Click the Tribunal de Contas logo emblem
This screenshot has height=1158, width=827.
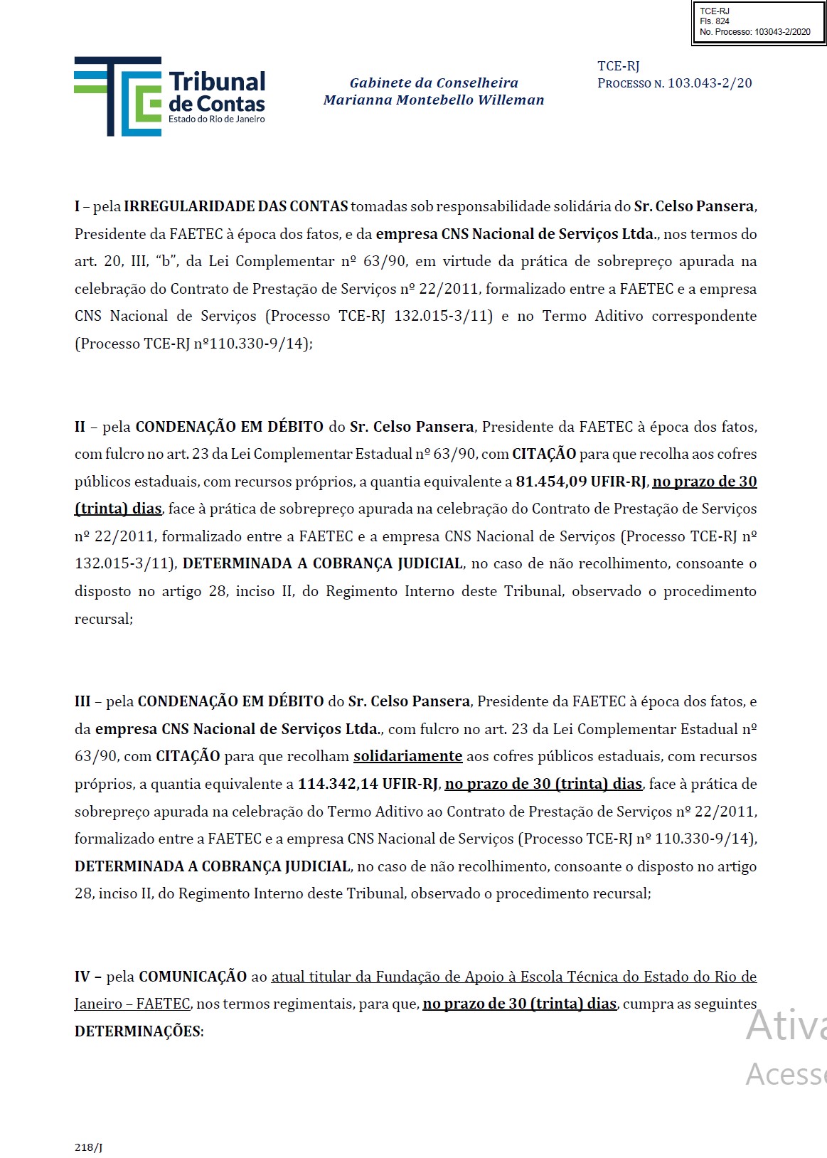[x=117, y=96]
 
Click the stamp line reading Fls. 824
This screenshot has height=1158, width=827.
[x=714, y=21]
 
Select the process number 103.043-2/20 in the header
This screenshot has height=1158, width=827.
[x=709, y=83]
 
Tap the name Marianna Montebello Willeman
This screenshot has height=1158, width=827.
[x=434, y=100]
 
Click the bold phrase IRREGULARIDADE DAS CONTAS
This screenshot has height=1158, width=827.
[x=235, y=206]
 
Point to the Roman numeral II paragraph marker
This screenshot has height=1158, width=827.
[x=80, y=427]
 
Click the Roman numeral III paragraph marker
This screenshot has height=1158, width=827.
[x=82, y=701]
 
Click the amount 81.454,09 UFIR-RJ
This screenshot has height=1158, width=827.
[x=580, y=482]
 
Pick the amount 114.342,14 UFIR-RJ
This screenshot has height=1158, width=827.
[x=368, y=784]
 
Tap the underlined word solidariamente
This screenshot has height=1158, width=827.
[x=407, y=756]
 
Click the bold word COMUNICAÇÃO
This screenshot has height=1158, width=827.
[x=193, y=977]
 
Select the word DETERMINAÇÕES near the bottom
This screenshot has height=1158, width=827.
[x=138, y=1031]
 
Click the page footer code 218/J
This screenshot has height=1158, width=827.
[x=88, y=1147]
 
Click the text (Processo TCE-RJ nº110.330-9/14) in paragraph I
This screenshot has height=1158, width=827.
[x=193, y=344]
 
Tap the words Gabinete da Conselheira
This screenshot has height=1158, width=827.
[x=434, y=83]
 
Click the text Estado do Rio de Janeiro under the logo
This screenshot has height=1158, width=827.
[x=216, y=119]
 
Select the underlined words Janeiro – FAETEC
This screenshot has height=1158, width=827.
[x=132, y=1004]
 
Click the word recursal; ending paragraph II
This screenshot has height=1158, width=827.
[x=104, y=619]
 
